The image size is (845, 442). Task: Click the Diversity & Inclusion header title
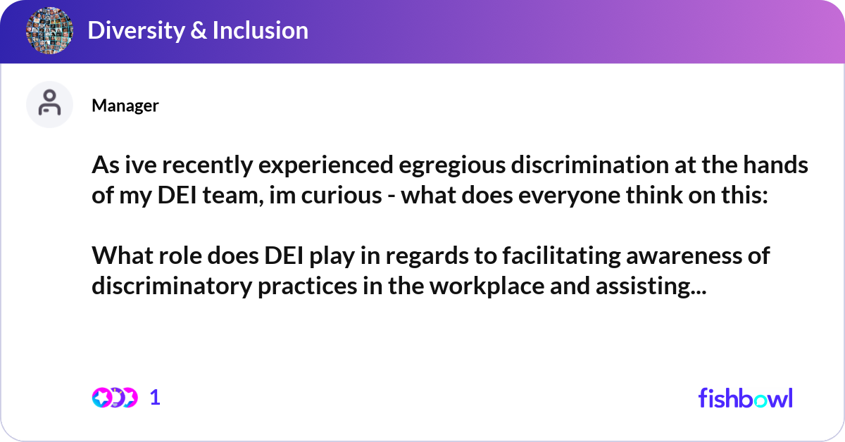pyautogui.click(x=198, y=30)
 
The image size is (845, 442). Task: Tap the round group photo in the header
pyautogui.click(x=50, y=30)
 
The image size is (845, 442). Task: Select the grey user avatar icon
pyautogui.click(x=49, y=105)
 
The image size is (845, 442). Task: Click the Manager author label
pyautogui.click(x=125, y=106)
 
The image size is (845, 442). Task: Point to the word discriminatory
pyautogui.click(x=173, y=285)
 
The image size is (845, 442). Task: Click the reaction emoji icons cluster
pyautogui.click(x=115, y=398)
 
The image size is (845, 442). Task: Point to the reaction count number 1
pyautogui.click(x=156, y=398)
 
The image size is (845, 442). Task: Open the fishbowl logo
pyautogui.click(x=745, y=398)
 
